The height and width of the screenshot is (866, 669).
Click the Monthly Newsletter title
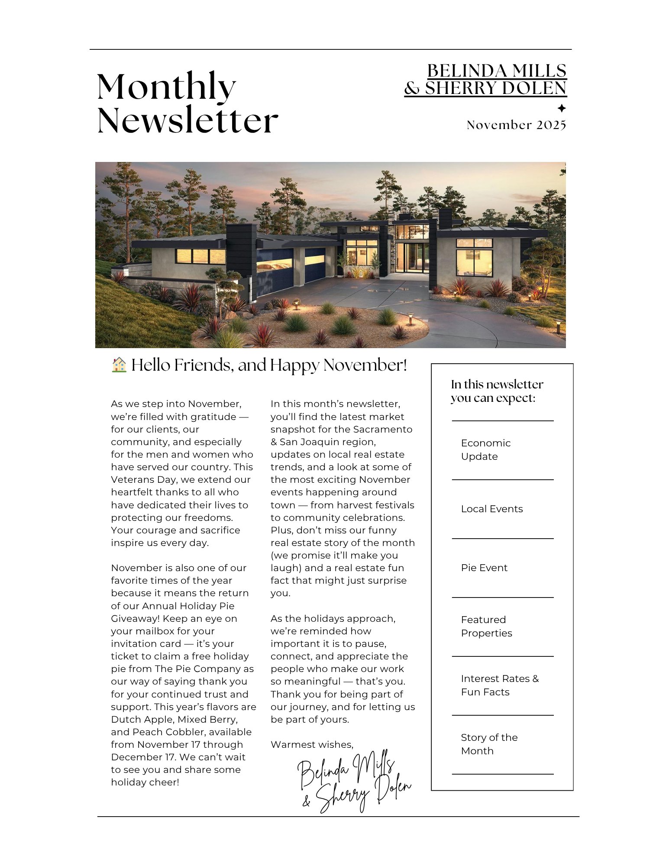click(x=187, y=103)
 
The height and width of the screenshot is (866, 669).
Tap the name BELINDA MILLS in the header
click(x=497, y=71)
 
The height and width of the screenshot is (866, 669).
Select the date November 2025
click(x=516, y=125)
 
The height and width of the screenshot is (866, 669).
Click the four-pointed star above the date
click(x=561, y=108)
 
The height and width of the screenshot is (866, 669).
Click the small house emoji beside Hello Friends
click(x=119, y=365)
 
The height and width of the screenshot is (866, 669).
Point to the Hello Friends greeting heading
click(x=269, y=365)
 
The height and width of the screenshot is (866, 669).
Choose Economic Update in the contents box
click(x=485, y=449)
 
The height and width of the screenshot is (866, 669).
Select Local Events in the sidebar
click(x=491, y=509)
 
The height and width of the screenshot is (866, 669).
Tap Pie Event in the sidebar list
click(x=484, y=568)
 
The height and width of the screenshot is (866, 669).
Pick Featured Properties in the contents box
click(x=486, y=626)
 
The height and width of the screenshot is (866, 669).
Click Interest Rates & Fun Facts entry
click(x=499, y=685)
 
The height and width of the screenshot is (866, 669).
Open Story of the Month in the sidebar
click(x=489, y=744)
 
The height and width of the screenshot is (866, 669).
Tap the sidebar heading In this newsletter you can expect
click(x=496, y=391)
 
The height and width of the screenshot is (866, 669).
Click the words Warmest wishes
click(x=312, y=744)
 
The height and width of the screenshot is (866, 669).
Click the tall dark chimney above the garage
click(x=241, y=249)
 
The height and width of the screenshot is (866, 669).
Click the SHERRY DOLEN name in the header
click(x=495, y=88)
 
